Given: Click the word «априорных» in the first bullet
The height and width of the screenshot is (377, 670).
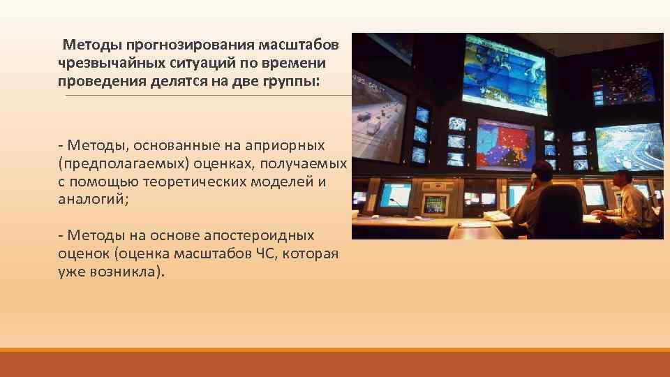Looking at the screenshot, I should (290, 145).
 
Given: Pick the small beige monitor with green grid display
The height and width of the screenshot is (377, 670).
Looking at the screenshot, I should (435, 204).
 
